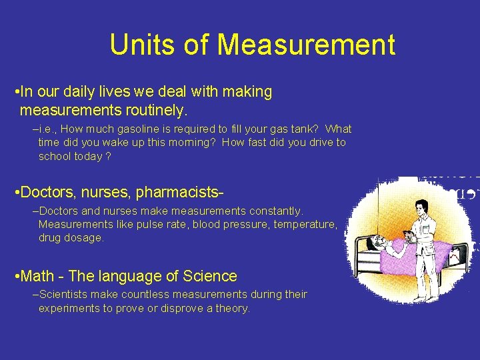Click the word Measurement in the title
pos(306,45)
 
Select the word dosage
pos(85,238)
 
